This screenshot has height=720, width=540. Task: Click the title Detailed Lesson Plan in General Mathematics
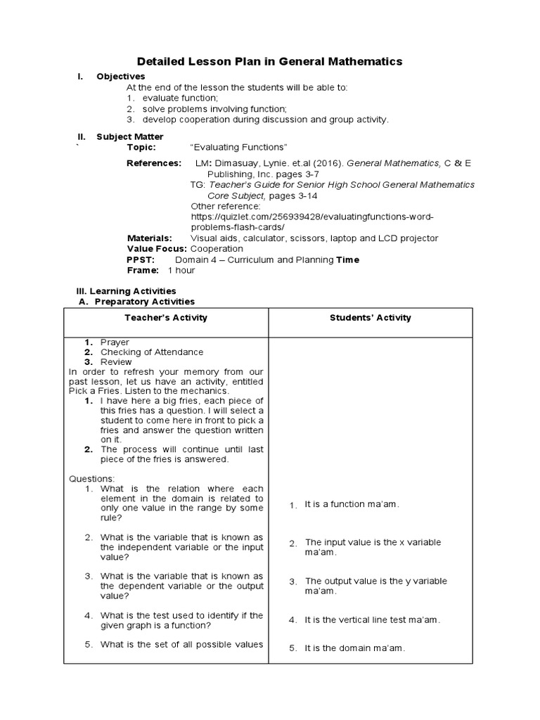(269, 62)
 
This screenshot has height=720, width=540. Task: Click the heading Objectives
(120, 76)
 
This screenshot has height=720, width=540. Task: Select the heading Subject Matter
(129, 136)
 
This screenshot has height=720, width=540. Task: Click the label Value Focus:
(157, 249)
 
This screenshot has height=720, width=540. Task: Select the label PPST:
(140, 259)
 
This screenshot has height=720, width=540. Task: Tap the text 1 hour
(181, 270)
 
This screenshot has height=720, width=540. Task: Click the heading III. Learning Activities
(126, 291)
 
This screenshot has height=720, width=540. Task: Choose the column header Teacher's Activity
(166, 318)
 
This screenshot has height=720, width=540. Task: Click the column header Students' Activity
(371, 318)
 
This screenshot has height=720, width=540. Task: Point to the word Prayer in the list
(115, 342)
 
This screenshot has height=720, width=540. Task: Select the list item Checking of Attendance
(152, 352)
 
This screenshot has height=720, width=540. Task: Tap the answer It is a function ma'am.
(352, 505)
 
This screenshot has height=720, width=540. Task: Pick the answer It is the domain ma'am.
(354, 648)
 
